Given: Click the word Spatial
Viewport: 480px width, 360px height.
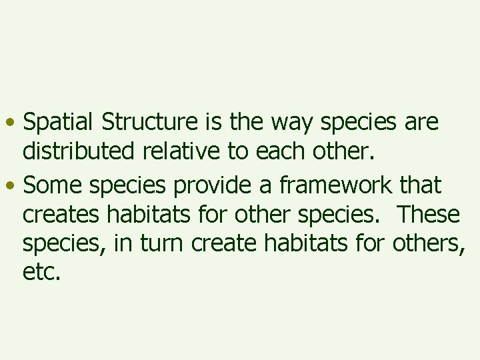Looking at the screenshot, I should point(59,123).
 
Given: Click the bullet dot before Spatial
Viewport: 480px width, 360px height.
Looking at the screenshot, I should point(12,125).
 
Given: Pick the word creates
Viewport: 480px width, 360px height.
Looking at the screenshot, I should point(61,215).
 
